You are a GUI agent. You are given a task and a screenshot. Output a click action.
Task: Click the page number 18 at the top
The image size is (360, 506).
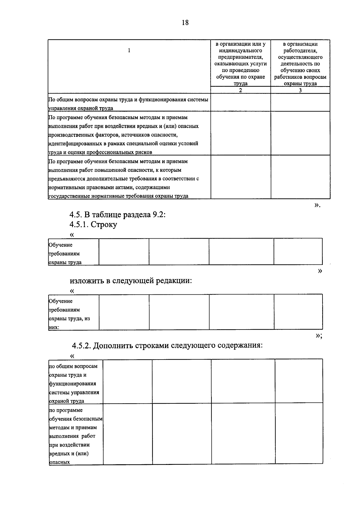(185, 23)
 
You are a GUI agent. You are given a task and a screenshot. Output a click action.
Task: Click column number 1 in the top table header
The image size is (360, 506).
(129, 50)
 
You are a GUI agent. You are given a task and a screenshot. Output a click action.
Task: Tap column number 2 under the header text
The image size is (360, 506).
(241, 90)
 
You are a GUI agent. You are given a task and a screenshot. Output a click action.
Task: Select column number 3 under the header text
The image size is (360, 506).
(300, 90)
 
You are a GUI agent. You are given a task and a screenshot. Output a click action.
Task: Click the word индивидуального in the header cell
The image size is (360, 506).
(241, 50)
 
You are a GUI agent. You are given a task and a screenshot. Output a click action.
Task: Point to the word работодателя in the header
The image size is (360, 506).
(300, 50)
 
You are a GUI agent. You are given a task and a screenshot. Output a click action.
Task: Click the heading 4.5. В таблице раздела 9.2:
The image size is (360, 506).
(118, 215)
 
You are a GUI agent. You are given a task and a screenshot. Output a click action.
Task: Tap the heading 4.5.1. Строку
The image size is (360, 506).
(93, 224)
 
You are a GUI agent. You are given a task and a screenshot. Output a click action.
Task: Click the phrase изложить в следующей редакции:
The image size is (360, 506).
(131, 281)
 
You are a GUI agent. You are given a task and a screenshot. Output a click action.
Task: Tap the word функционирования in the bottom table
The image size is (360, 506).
(73, 384)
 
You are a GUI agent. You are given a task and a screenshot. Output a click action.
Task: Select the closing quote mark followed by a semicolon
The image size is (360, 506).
(319, 336)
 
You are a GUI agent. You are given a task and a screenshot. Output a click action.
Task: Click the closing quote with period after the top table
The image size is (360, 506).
(318, 205)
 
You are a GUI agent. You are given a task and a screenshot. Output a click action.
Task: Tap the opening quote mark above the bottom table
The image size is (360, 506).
(72, 356)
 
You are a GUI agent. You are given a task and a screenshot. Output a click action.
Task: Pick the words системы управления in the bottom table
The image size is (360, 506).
(74, 392)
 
